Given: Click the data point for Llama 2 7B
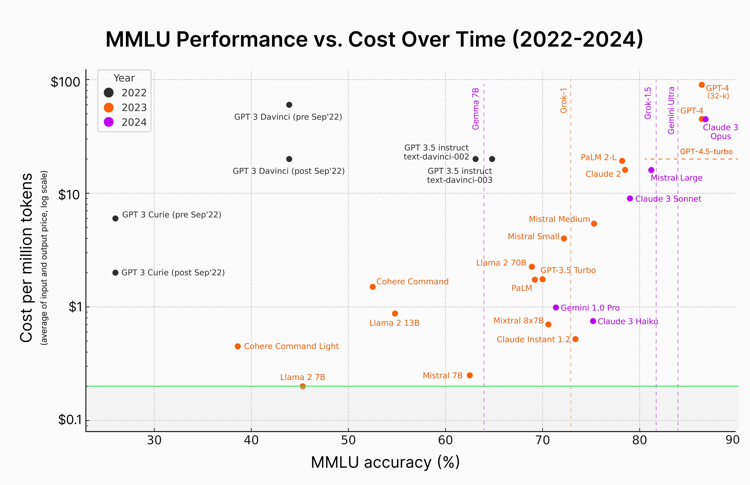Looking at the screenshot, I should (x=303, y=386).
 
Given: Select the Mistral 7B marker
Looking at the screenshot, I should (x=470, y=375).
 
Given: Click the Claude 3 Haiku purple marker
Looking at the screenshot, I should (x=593, y=321).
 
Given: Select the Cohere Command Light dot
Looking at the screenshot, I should (x=238, y=346).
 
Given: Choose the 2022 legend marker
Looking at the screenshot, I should (x=109, y=93).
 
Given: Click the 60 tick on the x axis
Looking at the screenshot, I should (x=445, y=440).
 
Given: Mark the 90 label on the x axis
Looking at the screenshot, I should (x=732, y=440).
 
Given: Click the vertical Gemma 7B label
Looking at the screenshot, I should (x=476, y=109).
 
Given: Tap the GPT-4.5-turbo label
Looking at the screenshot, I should (x=706, y=152).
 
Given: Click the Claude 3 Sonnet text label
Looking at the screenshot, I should (x=668, y=199).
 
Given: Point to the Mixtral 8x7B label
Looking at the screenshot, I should (x=518, y=321).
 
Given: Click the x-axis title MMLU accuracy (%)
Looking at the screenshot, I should (x=385, y=462).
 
